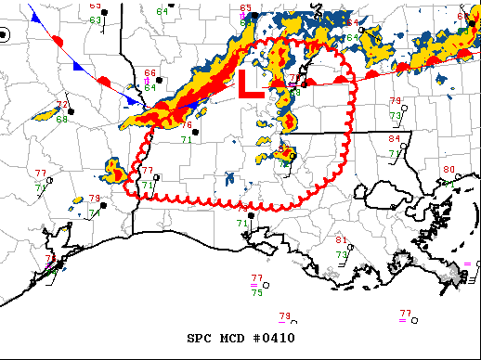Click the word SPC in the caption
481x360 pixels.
201,338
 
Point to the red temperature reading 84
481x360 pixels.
395,138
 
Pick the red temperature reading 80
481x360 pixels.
449,170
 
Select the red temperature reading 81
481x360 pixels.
342,240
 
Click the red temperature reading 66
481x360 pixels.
150,73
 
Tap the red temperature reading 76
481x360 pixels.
187,125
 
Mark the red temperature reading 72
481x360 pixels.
61,106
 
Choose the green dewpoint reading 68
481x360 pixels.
61,119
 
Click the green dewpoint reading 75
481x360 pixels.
256,292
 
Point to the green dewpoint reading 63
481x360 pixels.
96,19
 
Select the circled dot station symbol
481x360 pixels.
4,35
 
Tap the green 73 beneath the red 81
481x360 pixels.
342,254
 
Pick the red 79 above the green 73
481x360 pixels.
395,101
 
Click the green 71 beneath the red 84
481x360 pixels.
395,153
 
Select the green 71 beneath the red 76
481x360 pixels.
187,139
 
